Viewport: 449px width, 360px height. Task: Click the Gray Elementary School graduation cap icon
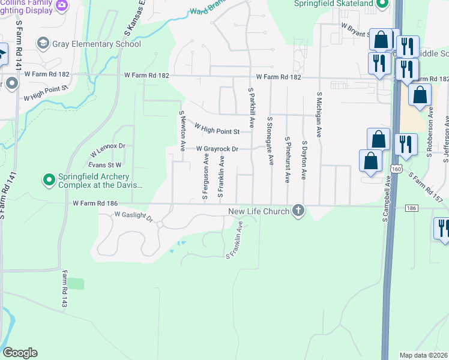(x=43, y=43)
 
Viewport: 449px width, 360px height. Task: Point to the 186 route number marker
(x=411, y=208)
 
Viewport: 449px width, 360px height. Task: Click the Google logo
(x=20, y=353)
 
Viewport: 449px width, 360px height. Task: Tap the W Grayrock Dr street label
(x=217, y=149)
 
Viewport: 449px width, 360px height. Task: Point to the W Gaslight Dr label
(x=134, y=216)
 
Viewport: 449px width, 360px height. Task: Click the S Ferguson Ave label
(x=206, y=176)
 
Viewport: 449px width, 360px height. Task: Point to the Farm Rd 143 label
(x=64, y=289)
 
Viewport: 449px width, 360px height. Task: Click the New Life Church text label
(x=259, y=211)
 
